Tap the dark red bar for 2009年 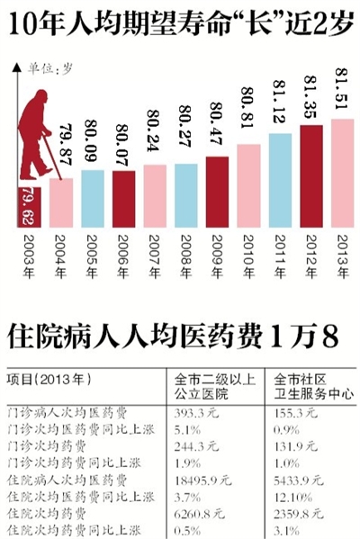coord(217,190)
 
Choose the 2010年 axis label coord(247,252)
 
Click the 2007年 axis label coord(154,252)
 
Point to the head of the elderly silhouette coord(37,100)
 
